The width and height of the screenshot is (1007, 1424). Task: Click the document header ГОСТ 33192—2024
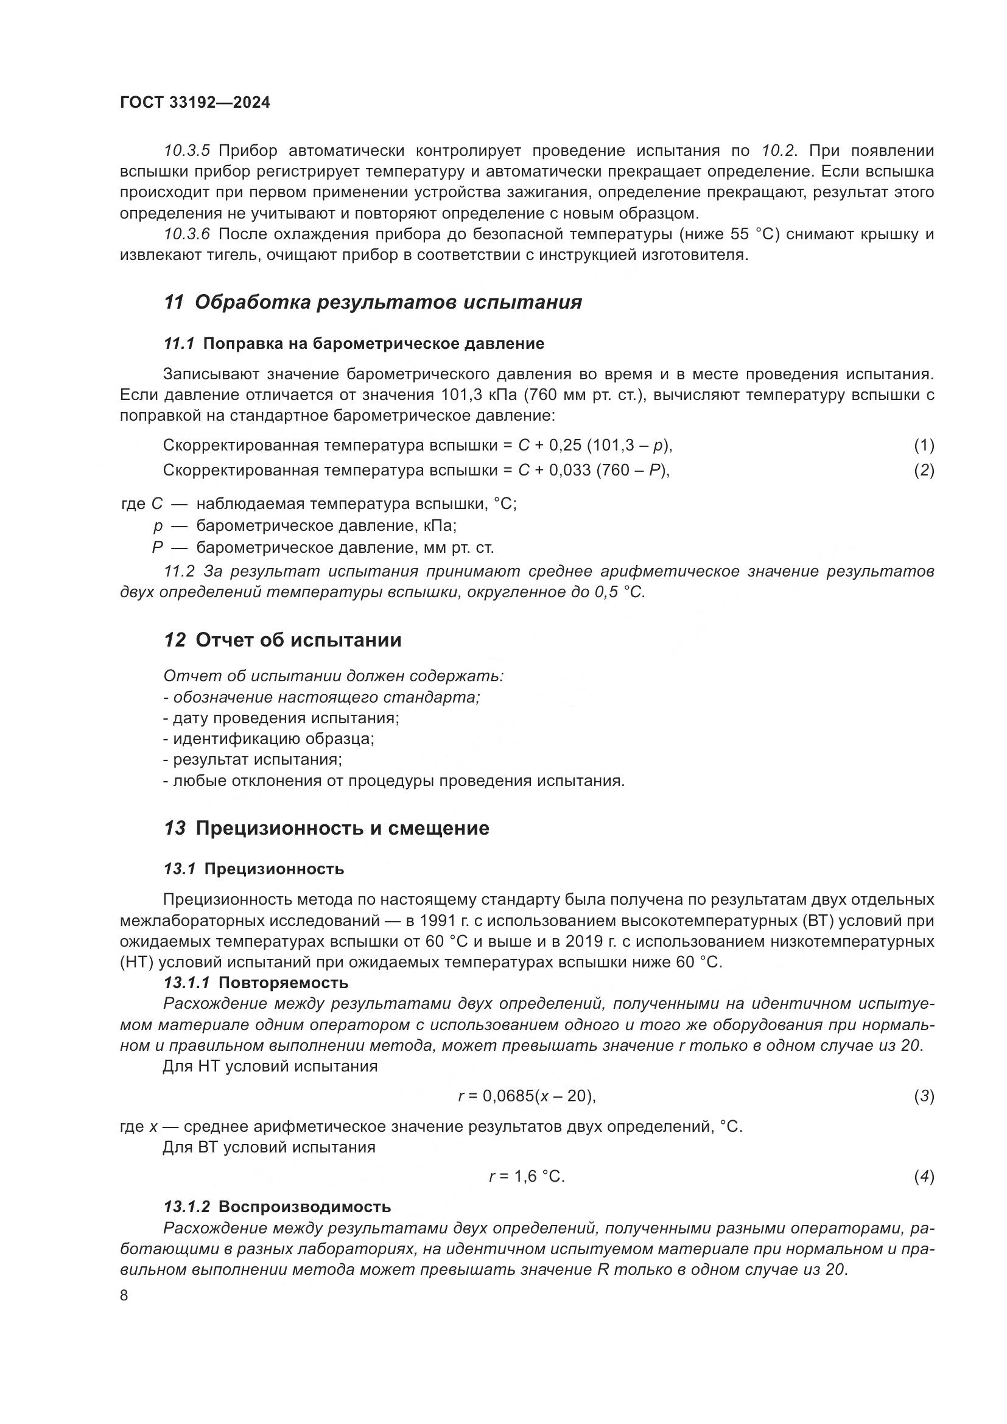(195, 103)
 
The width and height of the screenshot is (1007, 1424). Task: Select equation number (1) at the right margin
(924, 444)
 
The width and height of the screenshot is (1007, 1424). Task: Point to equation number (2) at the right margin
(924, 470)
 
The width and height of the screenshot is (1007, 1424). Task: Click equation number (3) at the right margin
(924, 1096)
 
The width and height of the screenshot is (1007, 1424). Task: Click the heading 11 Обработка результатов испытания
(372, 303)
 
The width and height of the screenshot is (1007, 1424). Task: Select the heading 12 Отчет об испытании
(282, 640)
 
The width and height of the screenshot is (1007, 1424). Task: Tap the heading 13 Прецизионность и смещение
(326, 828)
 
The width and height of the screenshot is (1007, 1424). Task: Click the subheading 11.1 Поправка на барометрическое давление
(354, 343)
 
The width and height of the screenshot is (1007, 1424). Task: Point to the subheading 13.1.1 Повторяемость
(256, 983)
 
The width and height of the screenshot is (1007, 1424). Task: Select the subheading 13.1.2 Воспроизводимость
(276, 1206)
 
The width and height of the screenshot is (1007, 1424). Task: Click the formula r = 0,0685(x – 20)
(527, 1096)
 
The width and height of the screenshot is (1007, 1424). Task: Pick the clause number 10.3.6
(187, 234)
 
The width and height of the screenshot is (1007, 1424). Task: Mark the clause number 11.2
(178, 571)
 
